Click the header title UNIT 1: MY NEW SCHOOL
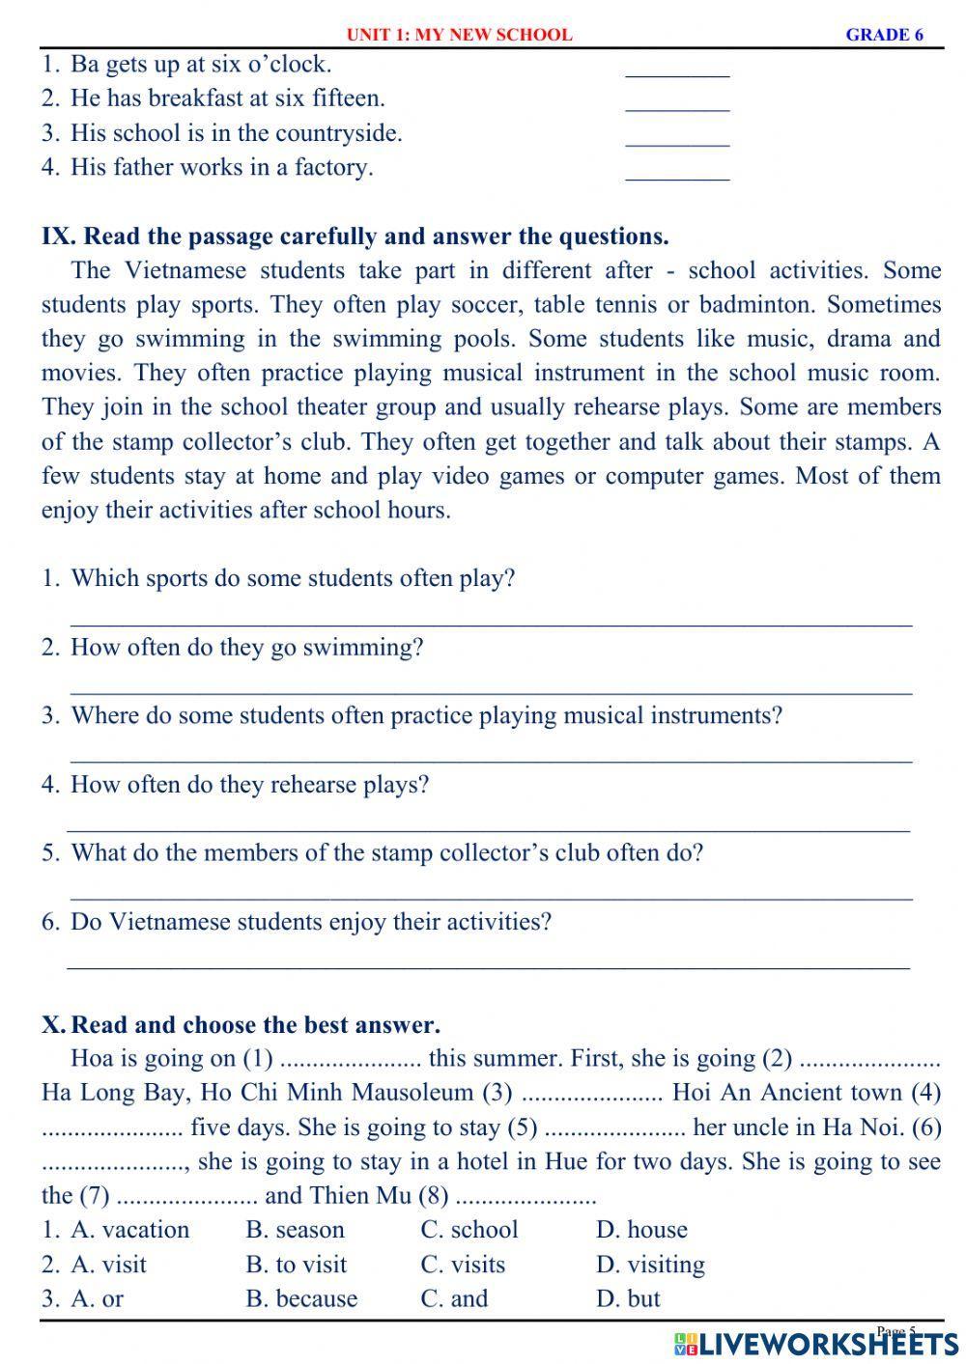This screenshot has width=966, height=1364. click(x=459, y=35)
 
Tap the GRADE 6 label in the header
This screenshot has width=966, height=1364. click(x=884, y=35)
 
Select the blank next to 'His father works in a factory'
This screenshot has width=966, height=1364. click(x=677, y=176)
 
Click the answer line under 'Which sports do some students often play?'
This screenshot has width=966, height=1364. click(x=491, y=623)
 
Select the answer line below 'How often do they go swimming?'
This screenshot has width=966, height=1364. click(x=491, y=691)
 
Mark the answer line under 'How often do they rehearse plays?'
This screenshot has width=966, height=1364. click(x=488, y=828)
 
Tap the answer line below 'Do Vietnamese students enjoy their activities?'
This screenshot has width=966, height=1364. click(x=488, y=964)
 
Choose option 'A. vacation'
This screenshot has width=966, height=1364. click(x=130, y=1230)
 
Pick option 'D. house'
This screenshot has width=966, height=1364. click(x=641, y=1230)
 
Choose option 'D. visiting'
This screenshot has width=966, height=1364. click(x=650, y=1265)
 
